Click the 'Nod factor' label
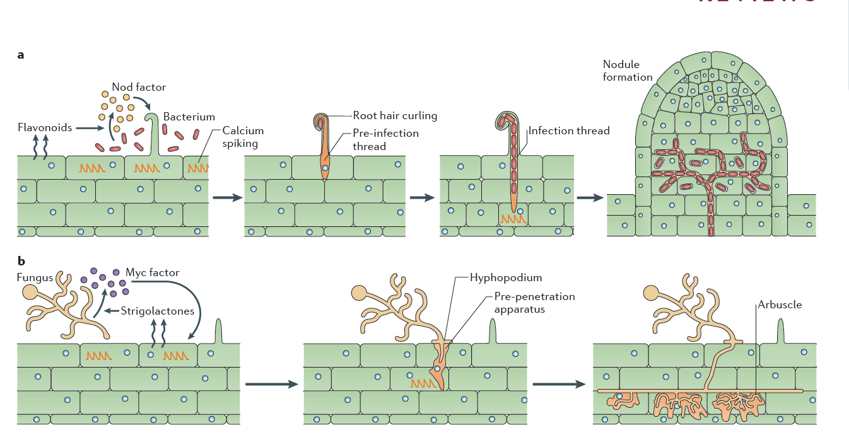(x=139, y=87)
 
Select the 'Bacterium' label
(x=189, y=117)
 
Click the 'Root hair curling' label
(x=395, y=115)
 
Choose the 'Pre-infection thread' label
(x=385, y=139)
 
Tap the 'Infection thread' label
(x=569, y=131)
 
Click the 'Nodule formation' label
(x=627, y=71)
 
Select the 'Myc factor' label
(x=153, y=273)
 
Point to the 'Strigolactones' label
(x=158, y=310)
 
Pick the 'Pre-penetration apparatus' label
(x=534, y=303)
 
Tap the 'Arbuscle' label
(x=781, y=304)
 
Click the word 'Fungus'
(x=35, y=277)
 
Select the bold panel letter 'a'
(x=21, y=55)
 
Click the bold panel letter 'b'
(x=21, y=260)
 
